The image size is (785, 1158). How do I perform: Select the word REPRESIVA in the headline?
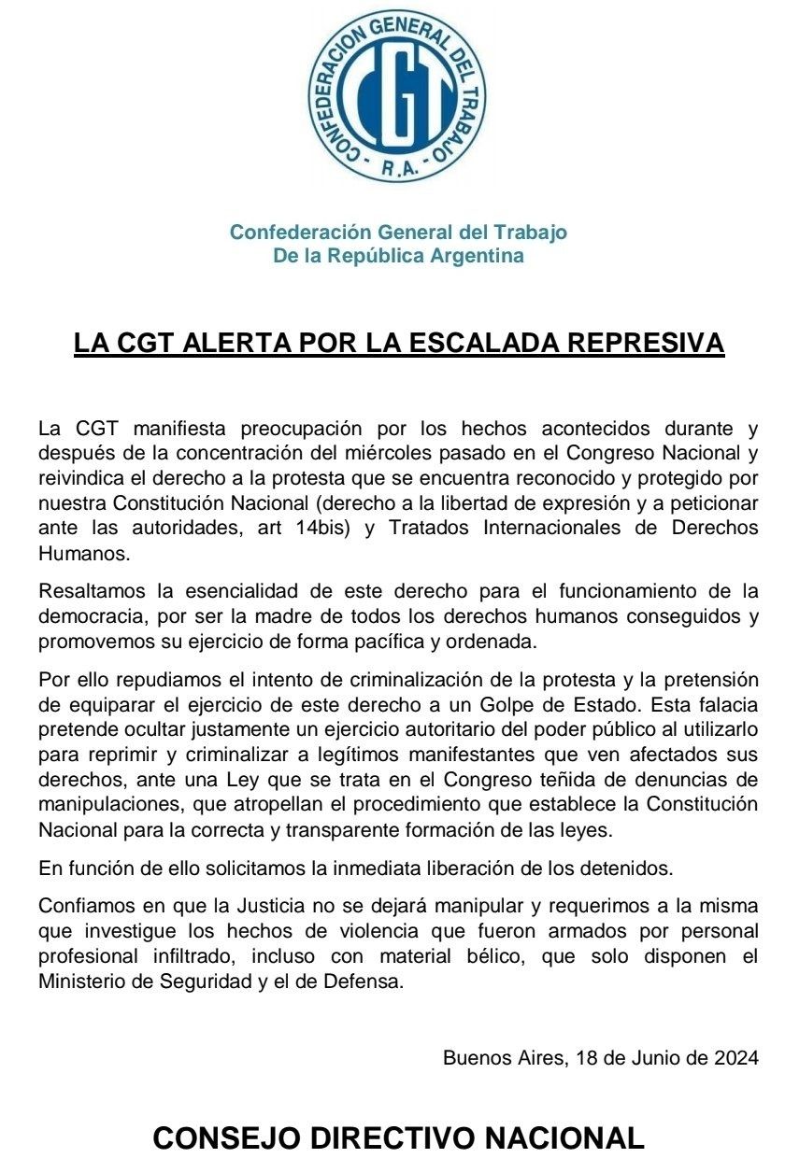pyautogui.click(x=646, y=343)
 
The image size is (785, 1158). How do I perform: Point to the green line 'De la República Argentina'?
pyautogui.click(x=398, y=256)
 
